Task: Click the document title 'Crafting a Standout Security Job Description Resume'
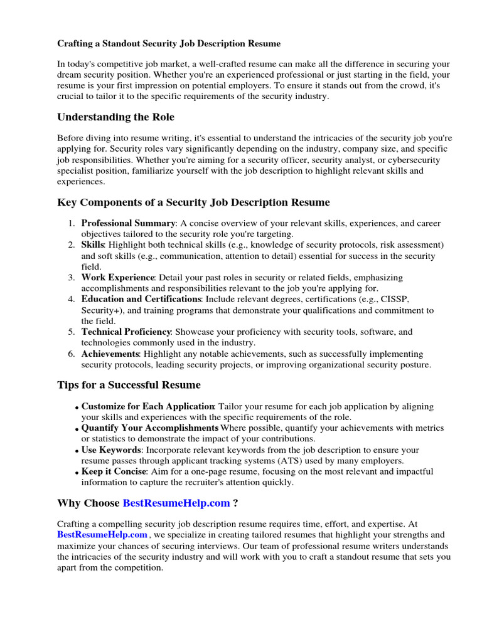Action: pos(169,44)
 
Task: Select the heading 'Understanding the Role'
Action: pos(116,117)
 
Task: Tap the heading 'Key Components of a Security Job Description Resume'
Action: pos(193,203)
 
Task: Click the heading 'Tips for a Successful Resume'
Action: pos(129,384)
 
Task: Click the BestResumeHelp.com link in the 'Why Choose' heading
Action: pos(176,503)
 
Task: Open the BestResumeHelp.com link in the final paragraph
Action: pos(102,535)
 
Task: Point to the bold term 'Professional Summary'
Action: pos(128,223)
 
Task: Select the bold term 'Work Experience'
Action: pos(117,277)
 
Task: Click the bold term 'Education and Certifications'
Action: pos(141,299)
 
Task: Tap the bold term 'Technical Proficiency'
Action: pos(126,332)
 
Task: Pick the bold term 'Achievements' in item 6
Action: pos(109,354)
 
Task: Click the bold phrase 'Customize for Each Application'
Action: pos(148,406)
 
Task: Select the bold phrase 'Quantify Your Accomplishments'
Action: pos(150,428)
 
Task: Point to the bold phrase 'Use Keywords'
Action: pos(110,450)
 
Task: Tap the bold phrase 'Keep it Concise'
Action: pos(114,471)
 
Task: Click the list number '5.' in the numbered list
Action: pos(72,332)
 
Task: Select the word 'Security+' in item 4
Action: pos(100,310)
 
